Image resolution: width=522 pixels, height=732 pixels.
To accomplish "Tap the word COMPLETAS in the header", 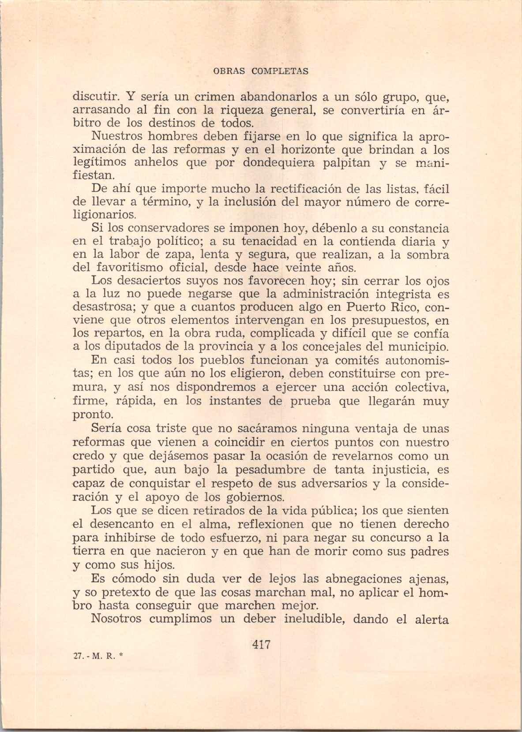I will (280, 71).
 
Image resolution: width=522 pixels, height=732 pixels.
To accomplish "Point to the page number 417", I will (261, 644).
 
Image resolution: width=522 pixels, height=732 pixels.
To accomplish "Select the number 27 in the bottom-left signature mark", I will (78, 656).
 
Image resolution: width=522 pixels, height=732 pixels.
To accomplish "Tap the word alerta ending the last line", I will (431, 619).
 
